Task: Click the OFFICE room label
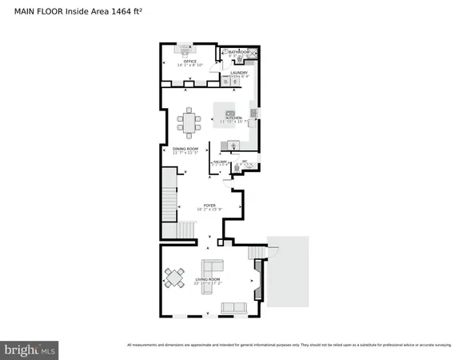189,60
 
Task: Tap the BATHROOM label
239,51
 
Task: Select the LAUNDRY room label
239,72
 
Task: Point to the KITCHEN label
233,118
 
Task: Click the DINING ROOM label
185,149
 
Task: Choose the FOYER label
209,205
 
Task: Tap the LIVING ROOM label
208,279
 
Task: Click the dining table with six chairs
190,122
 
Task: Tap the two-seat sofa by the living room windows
233,307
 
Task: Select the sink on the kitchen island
230,113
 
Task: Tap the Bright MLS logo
30,349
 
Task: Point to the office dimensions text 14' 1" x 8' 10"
189,65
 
